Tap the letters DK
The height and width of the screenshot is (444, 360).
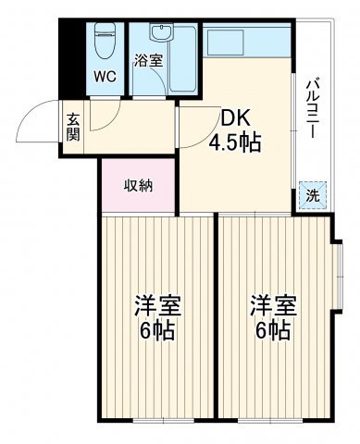[233, 118]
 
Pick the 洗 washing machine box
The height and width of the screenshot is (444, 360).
[312, 196]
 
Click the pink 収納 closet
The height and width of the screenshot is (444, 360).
[139, 185]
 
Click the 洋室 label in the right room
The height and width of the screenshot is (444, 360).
[271, 304]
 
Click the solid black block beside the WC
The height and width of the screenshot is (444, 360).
[71, 55]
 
